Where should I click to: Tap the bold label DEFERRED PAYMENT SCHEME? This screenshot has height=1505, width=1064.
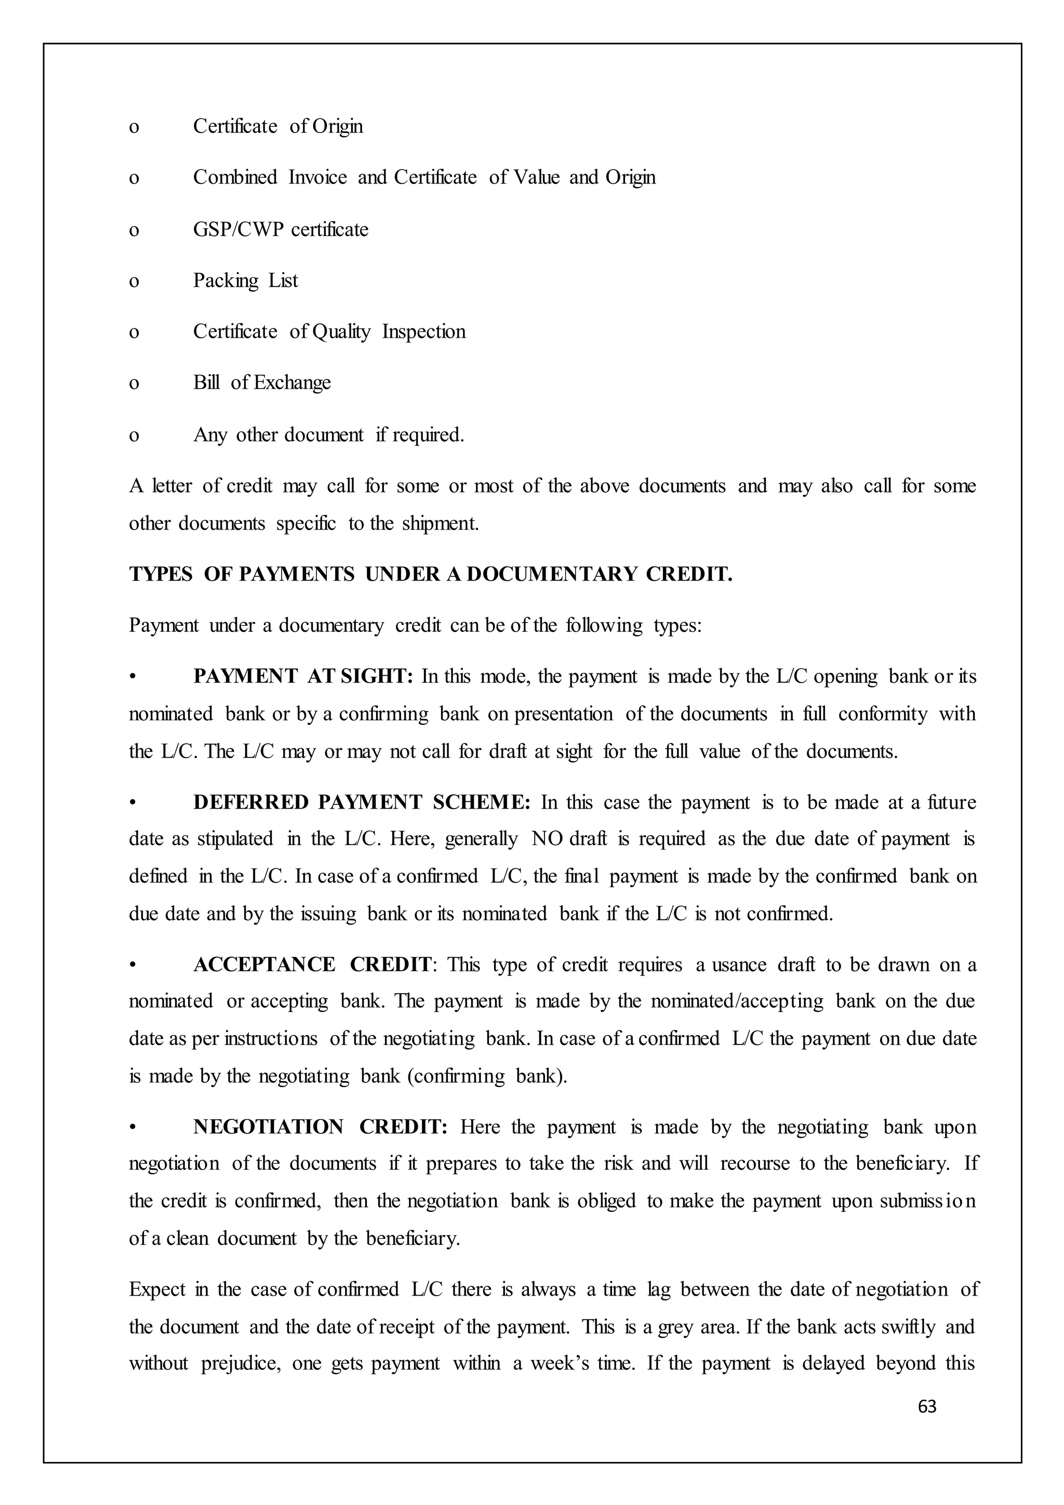click(362, 802)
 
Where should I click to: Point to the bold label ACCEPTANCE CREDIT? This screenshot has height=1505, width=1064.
click(312, 965)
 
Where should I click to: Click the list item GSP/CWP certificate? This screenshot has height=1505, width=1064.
click(281, 229)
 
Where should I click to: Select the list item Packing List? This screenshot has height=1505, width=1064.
click(245, 281)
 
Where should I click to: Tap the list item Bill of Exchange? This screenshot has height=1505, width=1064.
click(261, 383)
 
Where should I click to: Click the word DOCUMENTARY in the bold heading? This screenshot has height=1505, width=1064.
click(551, 574)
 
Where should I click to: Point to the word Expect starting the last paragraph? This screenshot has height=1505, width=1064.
click(157, 1290)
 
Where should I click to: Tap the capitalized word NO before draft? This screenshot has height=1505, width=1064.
click(547, 839)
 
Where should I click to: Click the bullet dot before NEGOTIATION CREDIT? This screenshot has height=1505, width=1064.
click(133, 1127)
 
